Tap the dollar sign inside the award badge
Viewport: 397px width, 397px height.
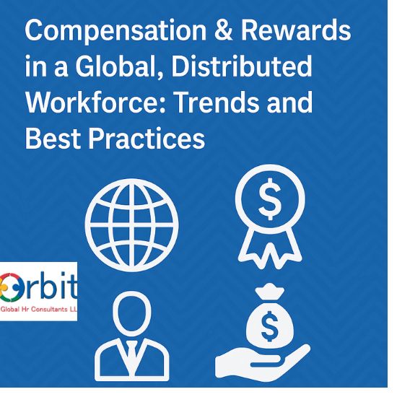coord(271,203)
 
